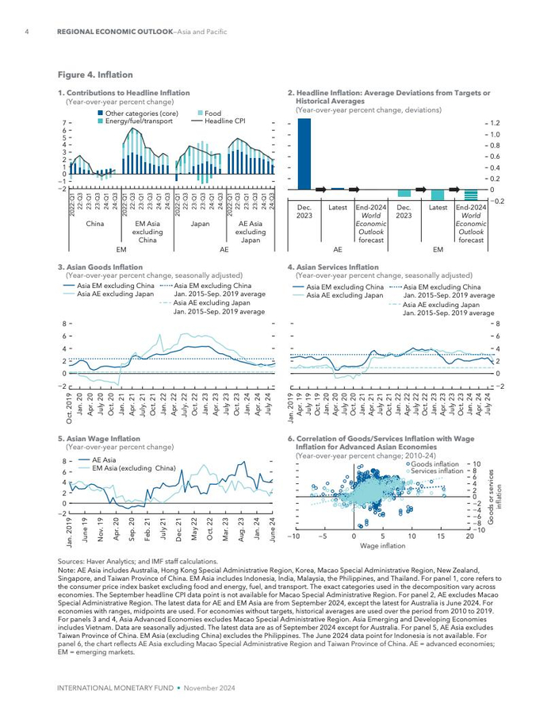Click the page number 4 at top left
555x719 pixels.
[x=28, y=32]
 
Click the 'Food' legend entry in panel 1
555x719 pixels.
[x=212, y=113]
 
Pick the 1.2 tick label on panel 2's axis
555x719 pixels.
[x=495, y=124]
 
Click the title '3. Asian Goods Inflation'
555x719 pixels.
[x=101, y=267]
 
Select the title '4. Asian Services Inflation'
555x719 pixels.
[x=333, y=267]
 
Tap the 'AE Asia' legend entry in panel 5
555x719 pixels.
[x=104, y=459]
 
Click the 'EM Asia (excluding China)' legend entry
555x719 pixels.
[x=133, y=468]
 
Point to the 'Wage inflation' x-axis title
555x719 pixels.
[x=382, y=546]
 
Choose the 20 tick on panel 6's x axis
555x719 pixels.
[x=469, y=536]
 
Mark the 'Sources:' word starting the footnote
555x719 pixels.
[x=73, y=561]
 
